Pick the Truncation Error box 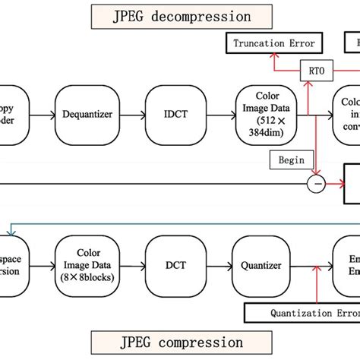pos(270,43)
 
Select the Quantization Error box pos(302,312)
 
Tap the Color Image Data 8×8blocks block pos(87,265)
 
